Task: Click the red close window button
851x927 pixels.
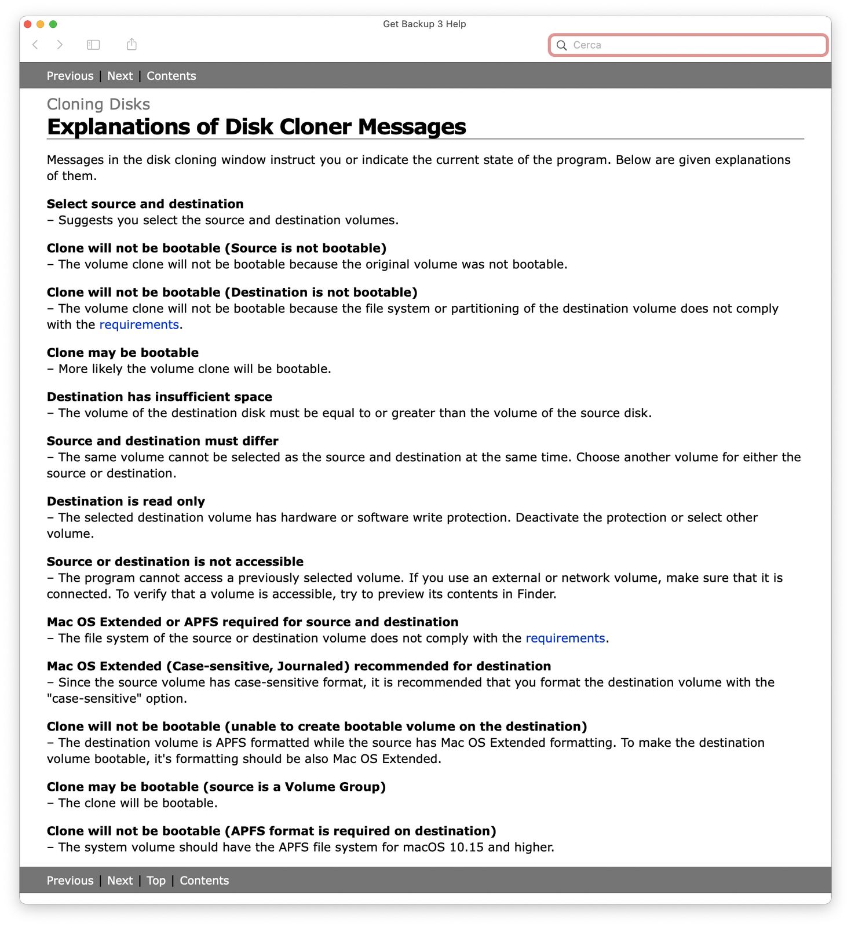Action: click(x=27, y=24)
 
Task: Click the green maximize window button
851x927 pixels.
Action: click(x=53, y=24)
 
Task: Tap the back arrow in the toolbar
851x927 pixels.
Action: click(x=35, y=45)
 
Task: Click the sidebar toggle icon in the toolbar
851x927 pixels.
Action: click(x=93, y=45)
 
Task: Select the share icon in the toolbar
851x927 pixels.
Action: click(x=132, y=45)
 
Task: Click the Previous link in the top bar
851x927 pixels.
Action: click(x=70, y=76)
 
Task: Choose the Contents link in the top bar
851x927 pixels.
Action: click(x=171, y=76)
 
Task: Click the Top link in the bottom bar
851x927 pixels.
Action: click(x=156, y=881)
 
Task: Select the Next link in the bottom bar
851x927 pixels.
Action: click(x=120, y=881)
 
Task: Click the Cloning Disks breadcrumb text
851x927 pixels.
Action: click(x=98, y=104)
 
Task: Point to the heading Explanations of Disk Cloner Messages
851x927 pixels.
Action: click(x=256, y=127)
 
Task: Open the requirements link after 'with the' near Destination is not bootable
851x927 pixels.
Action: click(x=139, y=325)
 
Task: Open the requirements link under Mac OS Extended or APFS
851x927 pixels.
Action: click(x=565, y=638)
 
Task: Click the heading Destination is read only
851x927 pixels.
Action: click(x=126, y=502)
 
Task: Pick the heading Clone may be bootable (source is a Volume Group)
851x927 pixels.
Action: click(x=216, y=787)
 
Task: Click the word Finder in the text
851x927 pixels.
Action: click(x=536, y=594)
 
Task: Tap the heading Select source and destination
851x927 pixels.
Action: click(x=145, y=204)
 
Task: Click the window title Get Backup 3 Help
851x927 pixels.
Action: click(x=424, y=24)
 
